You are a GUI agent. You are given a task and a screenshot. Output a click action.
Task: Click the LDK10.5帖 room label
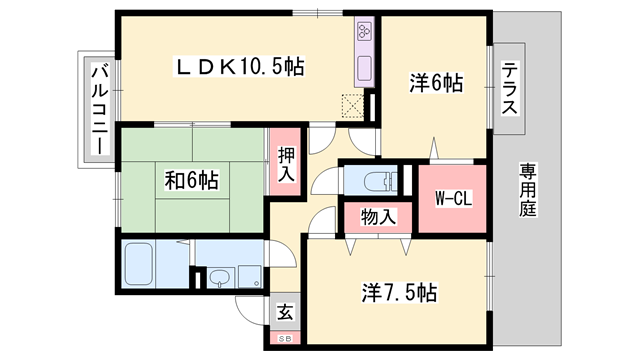(x=240, y=67)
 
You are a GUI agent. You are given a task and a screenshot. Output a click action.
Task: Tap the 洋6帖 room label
(x=436, y=85)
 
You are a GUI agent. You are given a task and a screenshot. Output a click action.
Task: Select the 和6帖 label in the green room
(x=191, y=181)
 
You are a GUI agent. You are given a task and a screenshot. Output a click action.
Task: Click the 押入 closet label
(x=286, y=164)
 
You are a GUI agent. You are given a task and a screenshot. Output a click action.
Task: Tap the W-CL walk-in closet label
(x=453, y=197)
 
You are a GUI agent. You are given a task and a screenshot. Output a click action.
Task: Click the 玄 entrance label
(x=286, y=312)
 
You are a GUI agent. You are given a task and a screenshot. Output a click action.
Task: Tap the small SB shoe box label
(x=285, y=339)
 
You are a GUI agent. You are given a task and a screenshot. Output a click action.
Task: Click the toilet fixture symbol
(x=375, y=181)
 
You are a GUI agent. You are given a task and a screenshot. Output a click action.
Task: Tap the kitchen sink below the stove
(x=362, y=70)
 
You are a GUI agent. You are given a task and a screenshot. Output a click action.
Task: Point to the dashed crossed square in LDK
(x=352, y=104)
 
